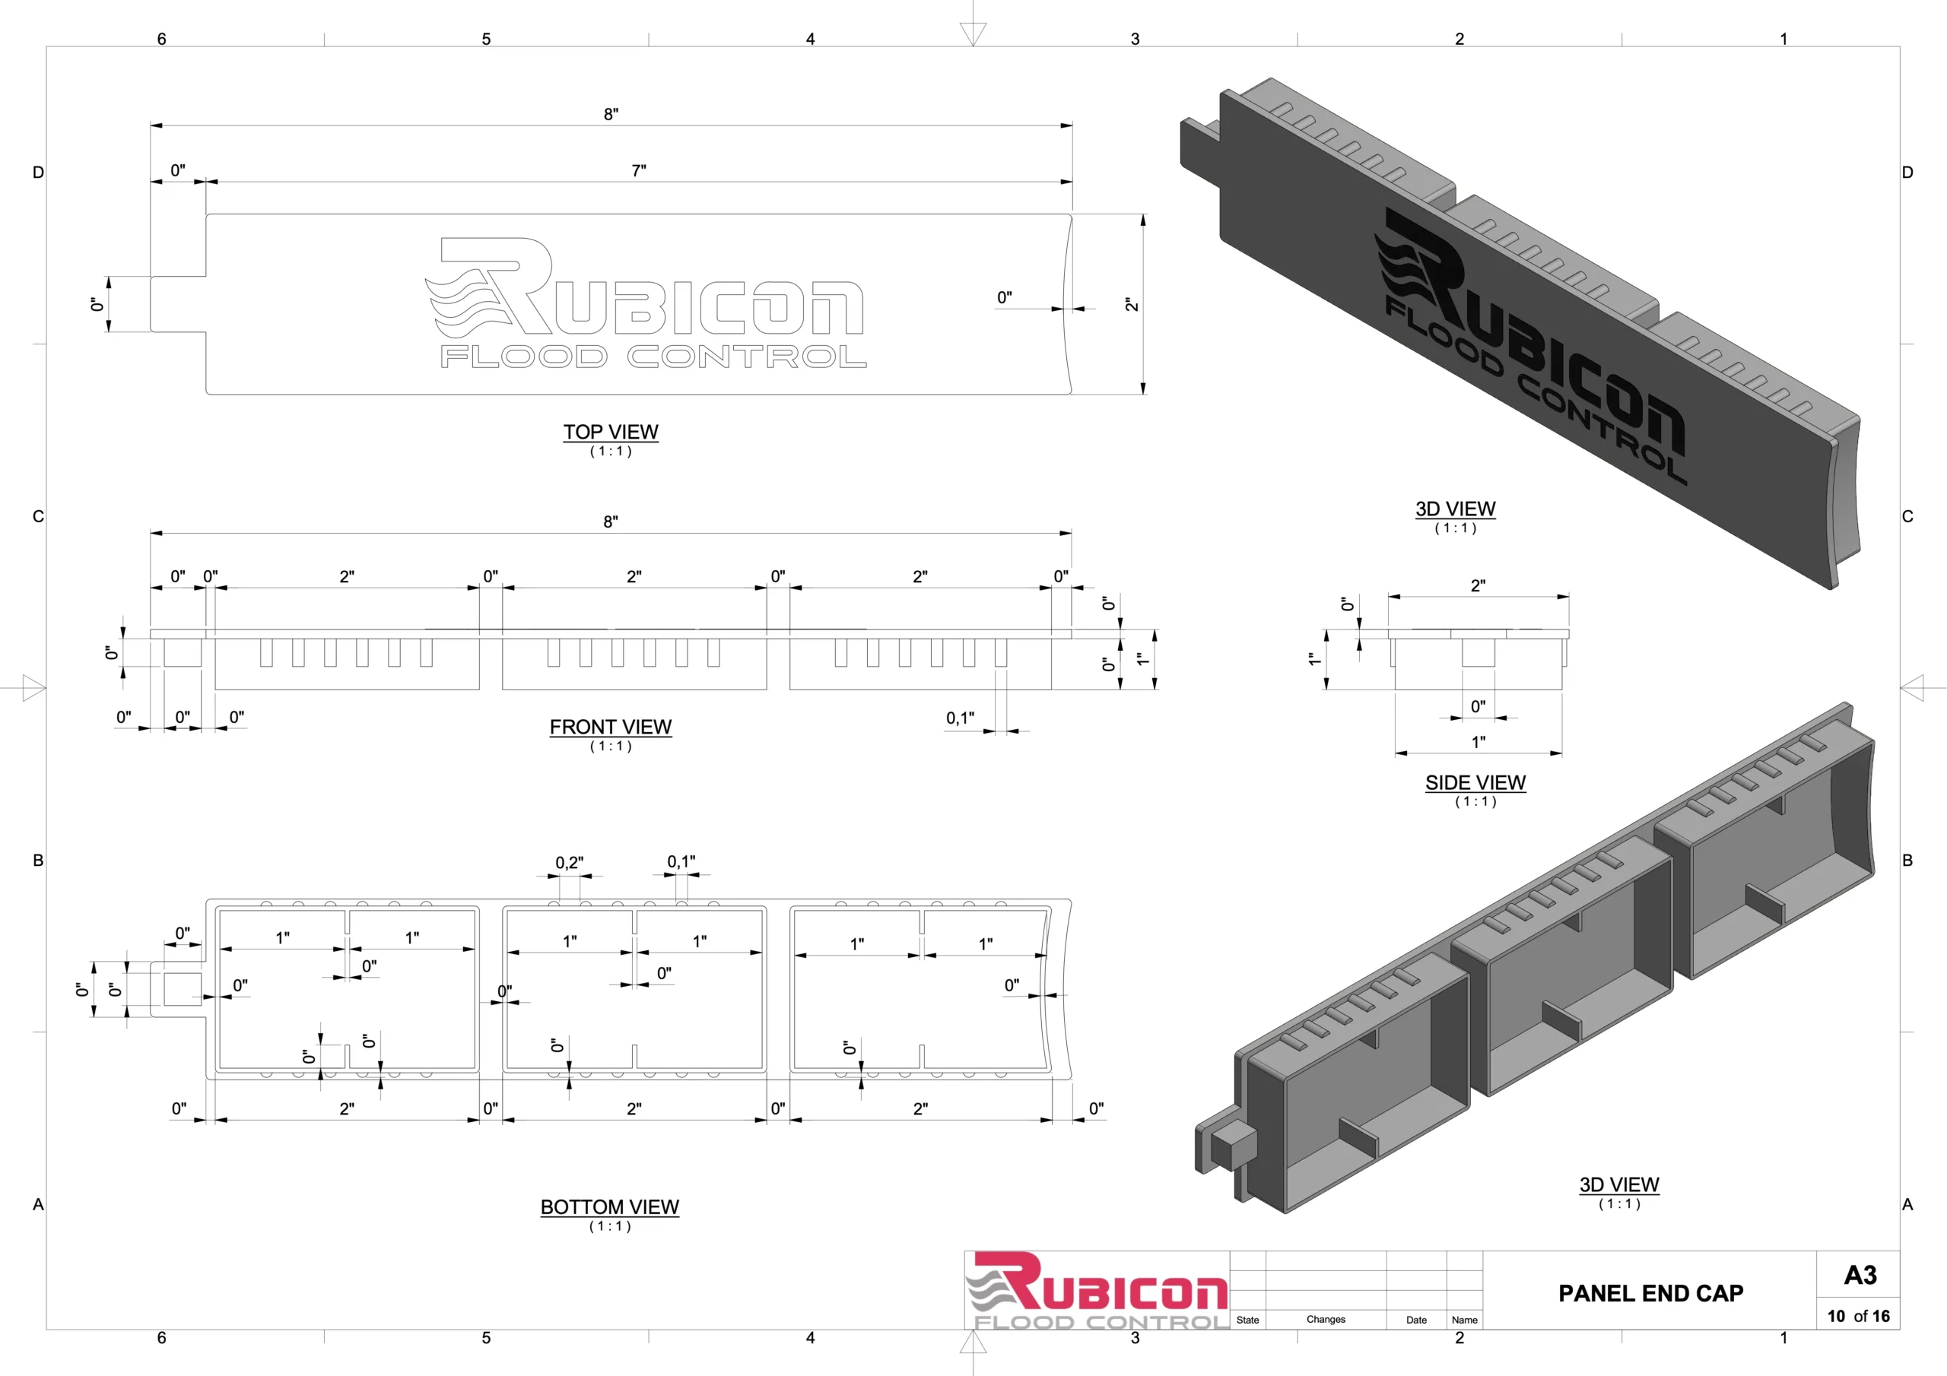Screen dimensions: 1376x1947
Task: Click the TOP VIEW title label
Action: pyautogui.click(x=611, y=432)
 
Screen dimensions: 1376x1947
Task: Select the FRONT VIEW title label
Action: pyautogui.click(x=611, y=727)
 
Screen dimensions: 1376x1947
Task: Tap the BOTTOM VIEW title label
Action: pyautogui.click(x=610, y=1206)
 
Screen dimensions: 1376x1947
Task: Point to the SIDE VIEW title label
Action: pyautogui.click(x=1475, y=782)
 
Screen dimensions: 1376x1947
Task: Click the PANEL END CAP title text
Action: pyautogui.click(x=1650, y=1293)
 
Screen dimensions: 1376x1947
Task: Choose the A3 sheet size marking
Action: pyautogui.click(x=1860, y=1275)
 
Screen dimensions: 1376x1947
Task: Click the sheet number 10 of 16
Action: pyautogui.click(x=1858, y=1316)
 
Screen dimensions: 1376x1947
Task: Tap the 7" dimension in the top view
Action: pyautogui.click(x=639, y=170)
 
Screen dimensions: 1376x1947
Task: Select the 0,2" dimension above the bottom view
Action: pyautogui.click(x=569, y=862)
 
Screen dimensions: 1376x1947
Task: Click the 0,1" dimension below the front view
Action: pyautogui.click(x=960, y=718)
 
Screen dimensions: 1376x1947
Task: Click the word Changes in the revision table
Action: pyautogui.click(x=1326, y=1319)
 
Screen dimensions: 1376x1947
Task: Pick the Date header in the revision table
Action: pyautogui.click(x=1416, y=1320)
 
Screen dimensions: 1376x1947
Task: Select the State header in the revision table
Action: pyautogui.click(x=1247, y=1320)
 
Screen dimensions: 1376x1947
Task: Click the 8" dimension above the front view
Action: pyautogui.click(x=611, y=522)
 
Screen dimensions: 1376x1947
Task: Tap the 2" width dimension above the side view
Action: pyautogui.click(x=1478, y=586)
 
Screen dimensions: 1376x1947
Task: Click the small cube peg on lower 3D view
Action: pyautogui.click(x=1234, y=1145)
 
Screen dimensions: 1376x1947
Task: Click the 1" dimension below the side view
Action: pyautogui.click(x=1478, y=742)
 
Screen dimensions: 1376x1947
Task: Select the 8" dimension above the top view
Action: pyautogui.click(x=611, y=113)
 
